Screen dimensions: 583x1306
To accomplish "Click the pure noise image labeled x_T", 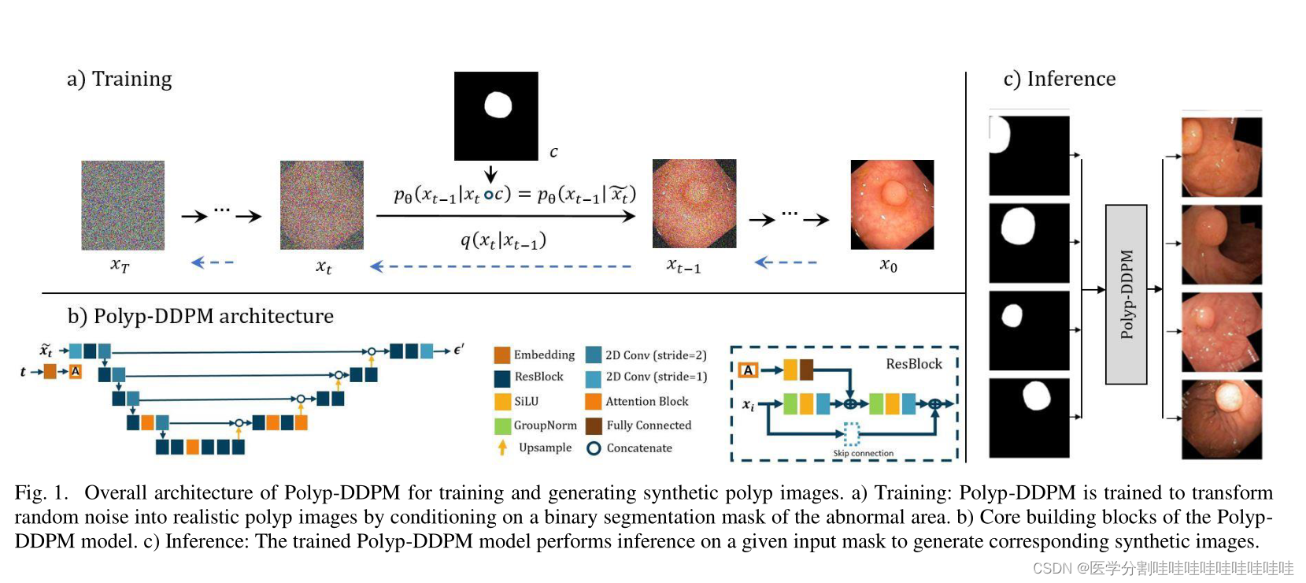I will [123, 205].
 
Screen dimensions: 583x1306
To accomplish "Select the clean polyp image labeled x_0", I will [892, 205].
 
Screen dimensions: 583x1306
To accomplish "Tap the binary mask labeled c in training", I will [496, 116].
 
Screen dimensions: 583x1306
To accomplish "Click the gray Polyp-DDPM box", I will [1126, 294].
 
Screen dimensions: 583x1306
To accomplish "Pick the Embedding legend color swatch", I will [502, 355].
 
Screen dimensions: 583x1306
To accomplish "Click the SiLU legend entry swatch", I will [502, 402].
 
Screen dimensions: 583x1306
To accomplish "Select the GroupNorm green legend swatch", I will [502, 425].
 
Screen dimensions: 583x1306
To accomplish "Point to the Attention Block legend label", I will [646, 402].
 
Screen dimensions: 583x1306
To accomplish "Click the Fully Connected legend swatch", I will [594, 425].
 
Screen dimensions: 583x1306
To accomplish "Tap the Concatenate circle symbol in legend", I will [594, 448].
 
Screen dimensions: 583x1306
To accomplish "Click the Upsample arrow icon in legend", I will [502, 447].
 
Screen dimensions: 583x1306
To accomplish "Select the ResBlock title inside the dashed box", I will [913, 364].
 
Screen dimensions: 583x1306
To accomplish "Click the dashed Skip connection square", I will [852, 433].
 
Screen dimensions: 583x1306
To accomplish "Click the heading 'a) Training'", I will [120, 79].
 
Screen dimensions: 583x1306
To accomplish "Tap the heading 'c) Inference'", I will [1059, 79].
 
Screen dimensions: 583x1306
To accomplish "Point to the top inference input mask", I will [1029, 155].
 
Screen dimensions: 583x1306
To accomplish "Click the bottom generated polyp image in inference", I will [1221, 419].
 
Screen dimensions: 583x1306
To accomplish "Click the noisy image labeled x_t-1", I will [694, 204].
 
